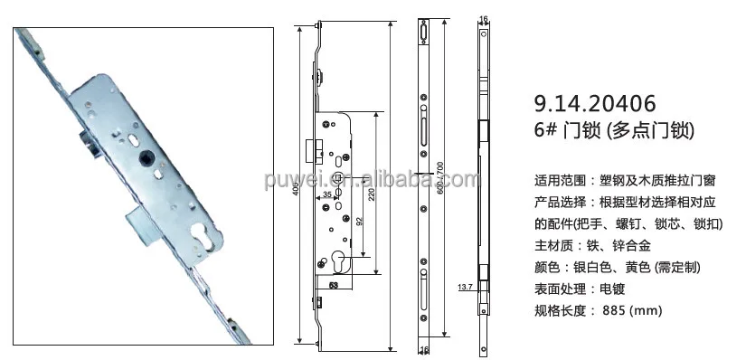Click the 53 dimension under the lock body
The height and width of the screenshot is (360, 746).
(333, 285)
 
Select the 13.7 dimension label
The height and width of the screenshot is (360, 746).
(466, 287)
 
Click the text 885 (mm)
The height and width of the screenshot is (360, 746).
(632, 310)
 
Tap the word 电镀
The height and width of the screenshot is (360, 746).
(611, 289)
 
